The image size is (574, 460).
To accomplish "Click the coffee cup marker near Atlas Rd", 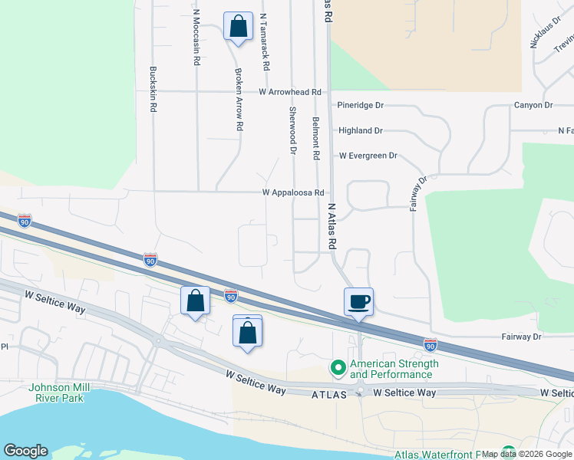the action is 358,301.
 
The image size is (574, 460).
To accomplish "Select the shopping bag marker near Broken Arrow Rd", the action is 238,27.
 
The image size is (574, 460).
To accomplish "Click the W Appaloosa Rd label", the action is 294,193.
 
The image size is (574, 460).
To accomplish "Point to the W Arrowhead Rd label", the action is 289,92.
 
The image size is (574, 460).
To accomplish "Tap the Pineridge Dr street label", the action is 360,105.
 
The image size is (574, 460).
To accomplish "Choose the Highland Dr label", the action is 360,131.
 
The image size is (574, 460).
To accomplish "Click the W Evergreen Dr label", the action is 368,156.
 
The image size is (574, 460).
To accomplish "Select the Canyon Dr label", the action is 533,105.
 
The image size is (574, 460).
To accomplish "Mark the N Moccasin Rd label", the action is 197,38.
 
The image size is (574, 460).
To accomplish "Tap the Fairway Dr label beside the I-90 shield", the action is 521,337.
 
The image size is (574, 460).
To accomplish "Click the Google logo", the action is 25,451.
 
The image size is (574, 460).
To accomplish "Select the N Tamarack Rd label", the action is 263,42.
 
